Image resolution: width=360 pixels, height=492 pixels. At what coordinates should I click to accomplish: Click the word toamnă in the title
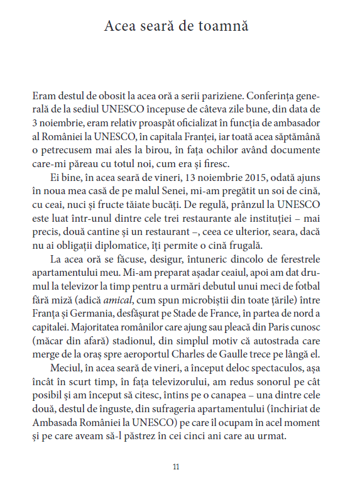[224, 26]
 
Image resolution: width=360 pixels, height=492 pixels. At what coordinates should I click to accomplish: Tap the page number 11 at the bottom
[176, 467]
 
